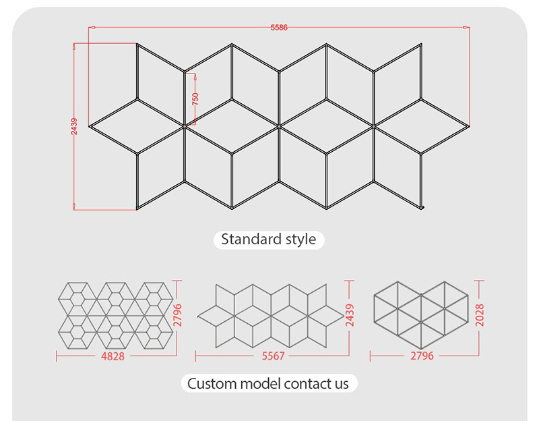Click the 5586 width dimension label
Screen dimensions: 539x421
(x=279, y=28)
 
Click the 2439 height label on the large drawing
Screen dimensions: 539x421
(x=74, y=126)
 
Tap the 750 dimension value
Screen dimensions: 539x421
(x=195, y=99)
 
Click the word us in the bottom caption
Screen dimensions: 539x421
(x=340, y=385)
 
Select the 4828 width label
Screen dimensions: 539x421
(x=113, y=356)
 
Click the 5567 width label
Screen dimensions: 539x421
(x=274, y=356)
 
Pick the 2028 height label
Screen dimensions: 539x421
(x=480, y=315)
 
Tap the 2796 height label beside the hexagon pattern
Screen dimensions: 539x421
(x=177, y=315)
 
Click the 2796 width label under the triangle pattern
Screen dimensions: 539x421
(x=422, y=356)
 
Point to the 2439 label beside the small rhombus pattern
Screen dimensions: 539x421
(x=350, y=315)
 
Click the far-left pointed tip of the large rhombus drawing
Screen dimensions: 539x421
(x=90, y=126)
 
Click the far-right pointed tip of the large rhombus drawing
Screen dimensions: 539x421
(x=468, y=126)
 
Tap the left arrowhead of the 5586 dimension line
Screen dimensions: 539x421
(x=92, y=27)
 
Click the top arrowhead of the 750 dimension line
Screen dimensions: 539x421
(x=195, y=77)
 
